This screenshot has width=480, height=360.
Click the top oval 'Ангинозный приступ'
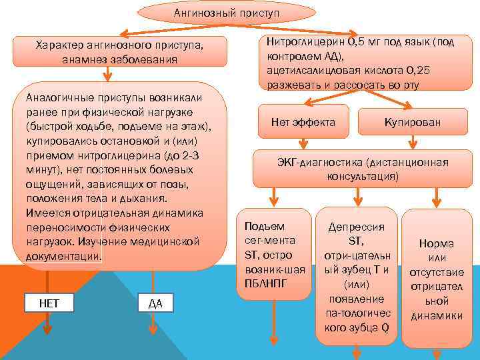(x=226, y=13)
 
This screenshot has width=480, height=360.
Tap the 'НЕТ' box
(x=49, y=303)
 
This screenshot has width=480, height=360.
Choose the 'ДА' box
(x=155, y=303)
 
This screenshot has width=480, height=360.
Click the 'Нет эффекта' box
(x=303, y=122)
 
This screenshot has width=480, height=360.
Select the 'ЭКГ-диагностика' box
(x=362, y=169)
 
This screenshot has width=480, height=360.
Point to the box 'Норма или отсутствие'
(x=437, y=279)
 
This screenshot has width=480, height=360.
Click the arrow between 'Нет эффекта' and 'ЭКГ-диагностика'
(x=303, y=144)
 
